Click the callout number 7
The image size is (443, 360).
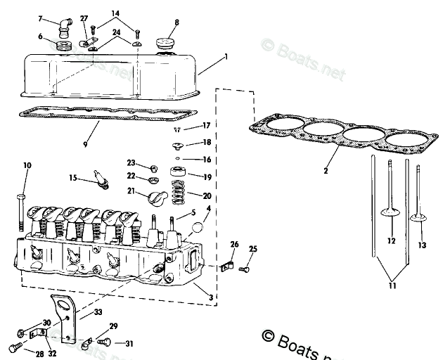40,18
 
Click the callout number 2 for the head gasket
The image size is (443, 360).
326,171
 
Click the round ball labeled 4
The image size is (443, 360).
198,229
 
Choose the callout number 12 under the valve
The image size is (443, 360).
392,240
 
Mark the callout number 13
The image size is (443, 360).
422,245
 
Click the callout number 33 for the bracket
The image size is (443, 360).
98,312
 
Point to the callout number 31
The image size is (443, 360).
128,343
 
